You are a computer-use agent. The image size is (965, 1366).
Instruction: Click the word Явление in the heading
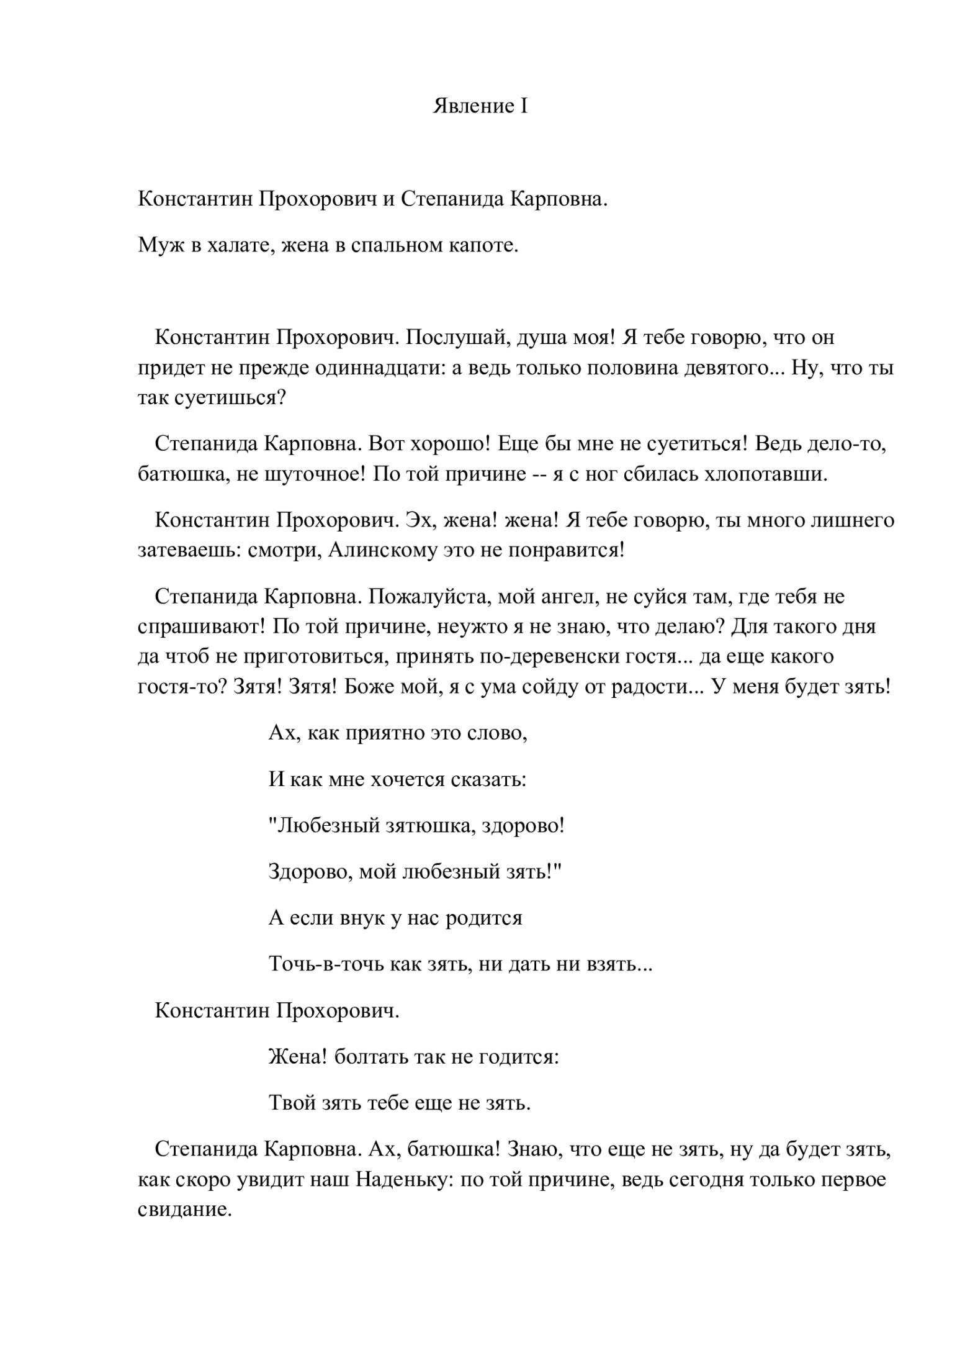[x=471, y=106]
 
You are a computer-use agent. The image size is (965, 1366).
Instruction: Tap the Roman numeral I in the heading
[x=524, y=106]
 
